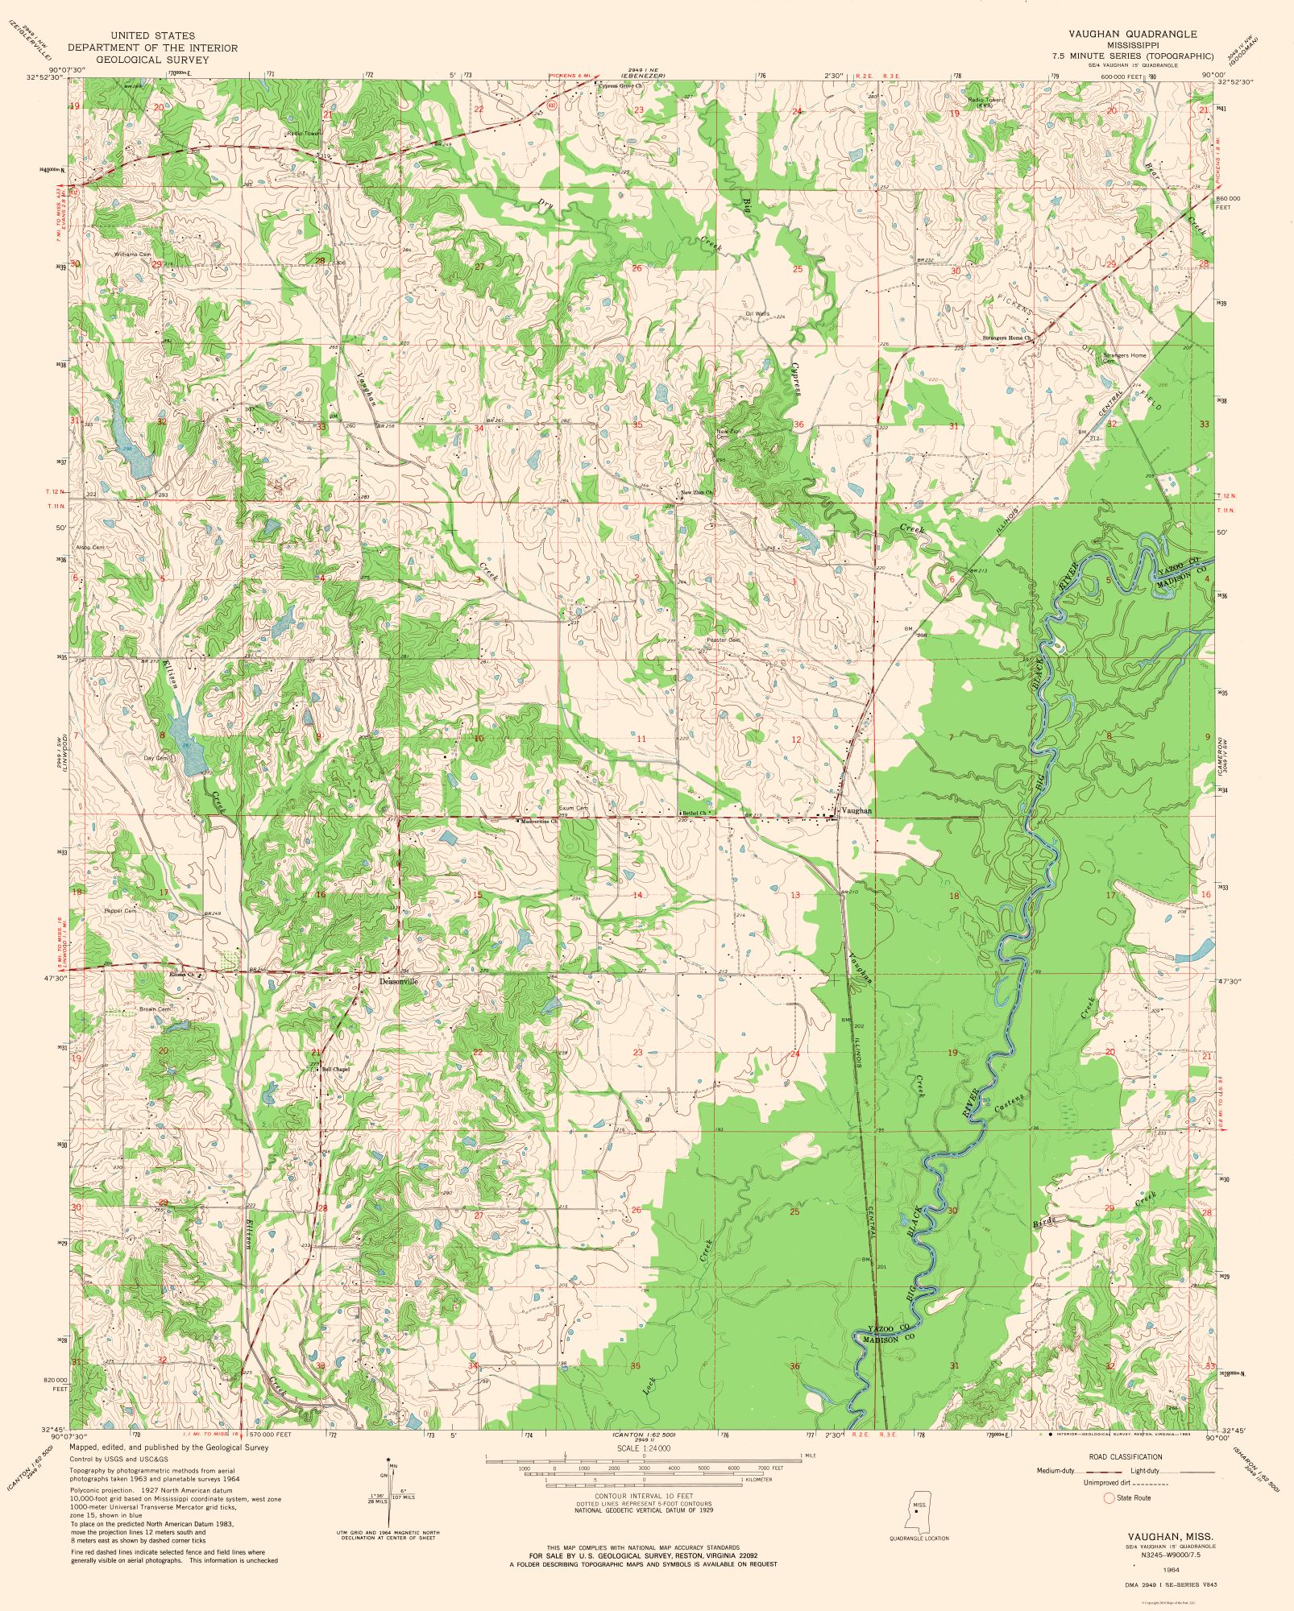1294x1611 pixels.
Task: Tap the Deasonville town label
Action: (400, 982)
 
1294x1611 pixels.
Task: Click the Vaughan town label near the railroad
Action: (856, 810)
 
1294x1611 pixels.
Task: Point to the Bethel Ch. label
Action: (694, 813)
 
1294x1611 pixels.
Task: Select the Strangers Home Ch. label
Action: (1006, 338)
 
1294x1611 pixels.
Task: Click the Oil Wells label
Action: (757, 313)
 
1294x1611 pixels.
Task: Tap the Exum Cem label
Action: (574, 808)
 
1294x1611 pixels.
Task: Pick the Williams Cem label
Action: (132, 255)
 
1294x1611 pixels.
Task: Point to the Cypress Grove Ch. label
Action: (620, 84)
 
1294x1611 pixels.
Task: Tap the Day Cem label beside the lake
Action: (156, 758)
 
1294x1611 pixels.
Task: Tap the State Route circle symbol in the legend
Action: (1108, 1497)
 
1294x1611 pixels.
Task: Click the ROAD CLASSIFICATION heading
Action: (1124, 1456)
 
